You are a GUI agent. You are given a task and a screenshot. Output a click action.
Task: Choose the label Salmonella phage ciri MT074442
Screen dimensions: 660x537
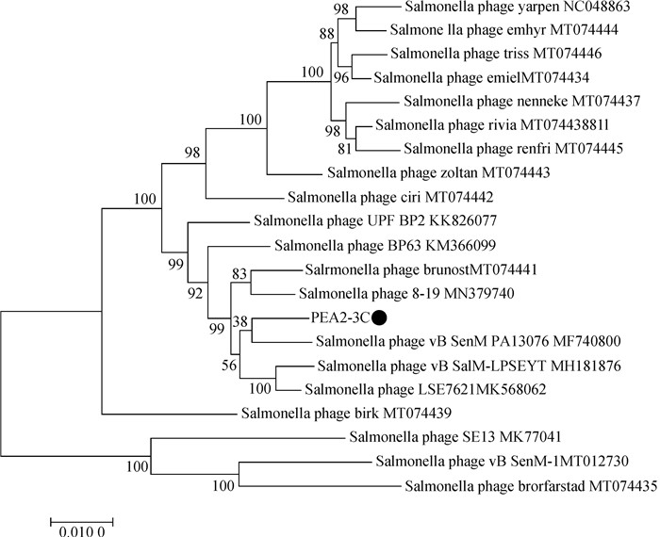(x=391, y=198)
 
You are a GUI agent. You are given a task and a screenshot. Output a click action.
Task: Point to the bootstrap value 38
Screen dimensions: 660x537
(x=240, y=320)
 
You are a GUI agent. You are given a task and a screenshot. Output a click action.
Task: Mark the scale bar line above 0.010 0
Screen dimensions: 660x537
(x=81, y=519)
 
